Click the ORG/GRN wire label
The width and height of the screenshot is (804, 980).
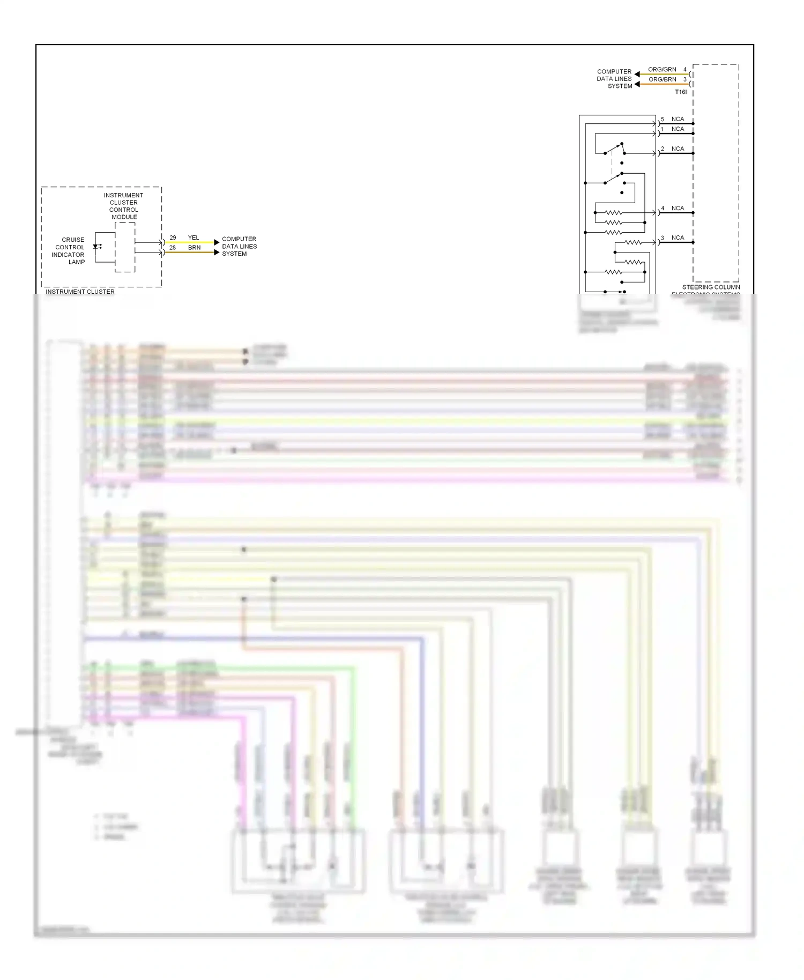point(662,70)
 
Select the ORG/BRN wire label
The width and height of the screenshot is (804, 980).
point(662,79)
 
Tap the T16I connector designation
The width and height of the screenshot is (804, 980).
point(680,92)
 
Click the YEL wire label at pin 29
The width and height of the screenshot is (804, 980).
point(193,237)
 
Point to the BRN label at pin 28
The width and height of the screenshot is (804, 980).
point(194,248)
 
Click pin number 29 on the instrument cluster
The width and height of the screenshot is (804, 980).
point(173,237)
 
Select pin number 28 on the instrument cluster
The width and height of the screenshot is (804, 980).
point(173,248)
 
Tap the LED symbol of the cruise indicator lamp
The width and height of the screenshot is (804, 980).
point(96,247)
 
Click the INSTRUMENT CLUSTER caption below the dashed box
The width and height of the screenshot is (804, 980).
point(80,292)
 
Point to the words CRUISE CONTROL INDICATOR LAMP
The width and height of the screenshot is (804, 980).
point(69,251)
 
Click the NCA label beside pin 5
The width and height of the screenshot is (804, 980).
point(678,119)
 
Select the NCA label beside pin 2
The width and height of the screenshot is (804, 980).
point(678,149)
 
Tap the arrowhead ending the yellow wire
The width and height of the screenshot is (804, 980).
point(217,242)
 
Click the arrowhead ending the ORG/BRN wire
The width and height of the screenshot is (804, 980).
point(637,84)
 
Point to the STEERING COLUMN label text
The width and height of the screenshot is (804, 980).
point(711,287)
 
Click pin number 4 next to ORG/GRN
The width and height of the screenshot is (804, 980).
point(684,70)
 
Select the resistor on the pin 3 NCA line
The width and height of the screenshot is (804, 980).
point(633,242)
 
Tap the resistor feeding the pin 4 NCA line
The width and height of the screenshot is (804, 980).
point(614,213)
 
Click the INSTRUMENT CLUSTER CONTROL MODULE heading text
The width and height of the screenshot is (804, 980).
point(124,206)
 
